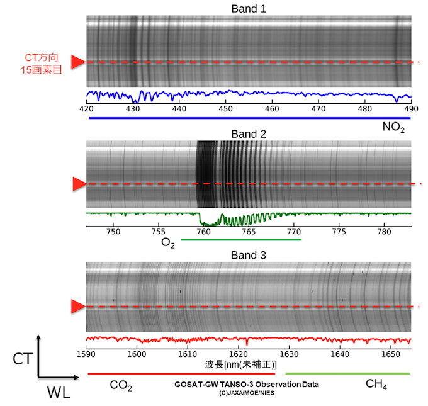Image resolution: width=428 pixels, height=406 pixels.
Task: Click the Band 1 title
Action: coord(248,9)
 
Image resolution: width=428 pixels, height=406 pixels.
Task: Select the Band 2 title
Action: coord(248,133)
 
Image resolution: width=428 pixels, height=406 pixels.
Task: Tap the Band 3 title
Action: coord(248,256)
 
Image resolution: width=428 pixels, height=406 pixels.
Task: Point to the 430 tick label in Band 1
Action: coord(132,109)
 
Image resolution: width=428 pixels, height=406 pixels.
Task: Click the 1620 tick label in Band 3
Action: coord(238,354)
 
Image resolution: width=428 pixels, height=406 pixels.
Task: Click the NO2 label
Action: coord(393,128)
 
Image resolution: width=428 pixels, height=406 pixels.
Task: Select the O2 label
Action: coord(168,242)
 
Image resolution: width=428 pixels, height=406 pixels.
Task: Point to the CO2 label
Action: coord(121,385)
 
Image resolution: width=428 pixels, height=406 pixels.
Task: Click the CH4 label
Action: coord(376,384)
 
